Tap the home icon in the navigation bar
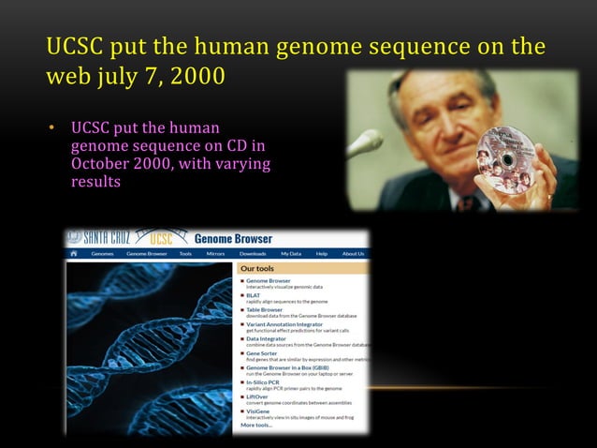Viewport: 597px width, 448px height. pyautogui.click(x=74, y=253)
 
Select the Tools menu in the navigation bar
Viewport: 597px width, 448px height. pyautogui.click(x=185, y=253)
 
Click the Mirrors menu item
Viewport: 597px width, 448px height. pyautogui.click(x=215, y=253)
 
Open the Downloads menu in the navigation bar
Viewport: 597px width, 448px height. pyautogui.click(x=253, y=253)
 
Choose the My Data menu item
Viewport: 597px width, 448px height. pyautogui.click(x=289, y=253)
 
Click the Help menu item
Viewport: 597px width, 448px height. pyautogui.click(x=321, y=253)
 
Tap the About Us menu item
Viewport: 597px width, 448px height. pyautogui.click(x=353, y=253)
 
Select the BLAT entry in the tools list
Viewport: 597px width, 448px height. pyautogui.click(x=254, y=294)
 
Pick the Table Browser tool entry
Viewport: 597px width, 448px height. pyautogui.click(x=266, y=308)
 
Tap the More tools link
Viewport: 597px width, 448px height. pyautogui.click(x=256, y=425)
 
